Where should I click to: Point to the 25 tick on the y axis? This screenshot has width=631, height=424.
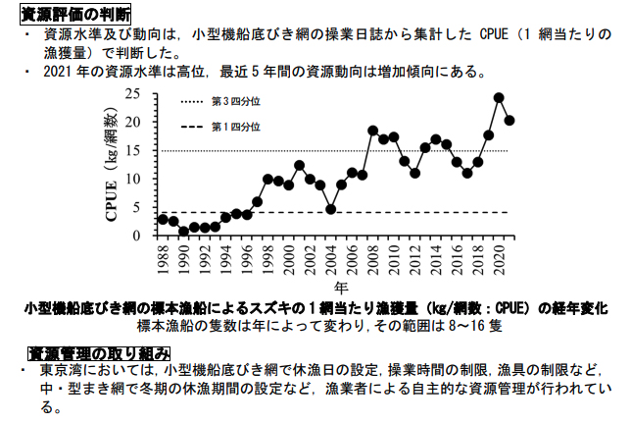click(x=135, y=94)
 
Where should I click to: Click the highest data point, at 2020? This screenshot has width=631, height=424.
click(x=499, y=97)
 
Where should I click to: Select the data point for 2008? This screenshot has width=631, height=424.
click(x=372, y=131)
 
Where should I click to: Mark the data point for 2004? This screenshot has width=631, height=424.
click(x=331, y=209)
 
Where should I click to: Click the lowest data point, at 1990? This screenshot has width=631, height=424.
click(x=183, y=232)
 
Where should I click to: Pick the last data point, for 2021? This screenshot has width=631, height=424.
click(x=510, y=120)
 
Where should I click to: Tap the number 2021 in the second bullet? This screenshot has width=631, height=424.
click(x=58, y=73)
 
